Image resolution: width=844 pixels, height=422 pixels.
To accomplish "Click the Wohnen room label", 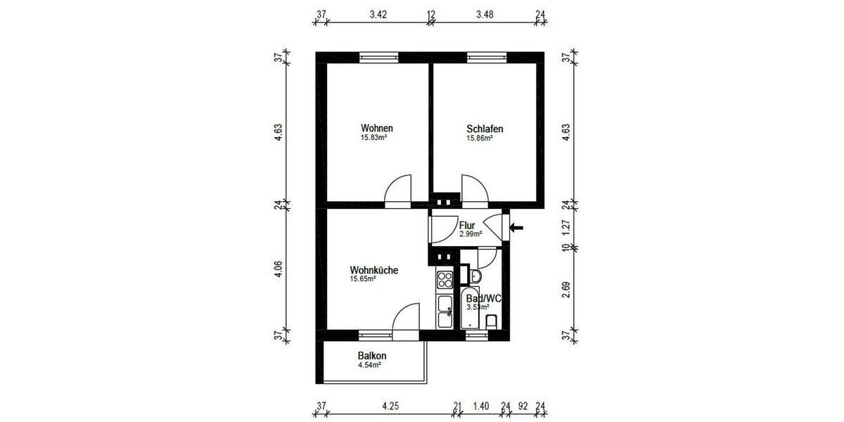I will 376,129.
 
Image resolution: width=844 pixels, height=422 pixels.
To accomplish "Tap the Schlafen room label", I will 485,129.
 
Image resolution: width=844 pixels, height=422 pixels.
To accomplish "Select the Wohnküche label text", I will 375,269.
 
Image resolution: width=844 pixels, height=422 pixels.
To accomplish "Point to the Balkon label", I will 372,356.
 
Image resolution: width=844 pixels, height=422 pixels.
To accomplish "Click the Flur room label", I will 468,226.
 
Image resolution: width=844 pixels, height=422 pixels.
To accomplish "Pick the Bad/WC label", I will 484,299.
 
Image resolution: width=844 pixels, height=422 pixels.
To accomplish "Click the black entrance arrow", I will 517,227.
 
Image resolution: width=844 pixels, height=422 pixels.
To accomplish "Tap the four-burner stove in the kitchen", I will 445,280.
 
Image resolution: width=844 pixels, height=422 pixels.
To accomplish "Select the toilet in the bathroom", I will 492,321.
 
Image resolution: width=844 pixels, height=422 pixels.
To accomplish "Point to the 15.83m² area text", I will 374,139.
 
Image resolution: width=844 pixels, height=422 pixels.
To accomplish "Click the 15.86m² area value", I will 479,139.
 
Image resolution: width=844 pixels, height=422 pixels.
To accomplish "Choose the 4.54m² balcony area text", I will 369,365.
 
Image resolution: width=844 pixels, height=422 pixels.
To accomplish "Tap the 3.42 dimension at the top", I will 378,13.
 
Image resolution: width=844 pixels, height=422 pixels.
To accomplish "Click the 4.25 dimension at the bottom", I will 390,406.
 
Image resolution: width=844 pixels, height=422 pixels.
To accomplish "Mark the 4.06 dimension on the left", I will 279,269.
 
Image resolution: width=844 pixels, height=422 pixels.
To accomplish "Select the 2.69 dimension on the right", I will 566,289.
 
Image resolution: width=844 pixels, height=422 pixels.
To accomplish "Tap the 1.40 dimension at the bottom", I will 481,406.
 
